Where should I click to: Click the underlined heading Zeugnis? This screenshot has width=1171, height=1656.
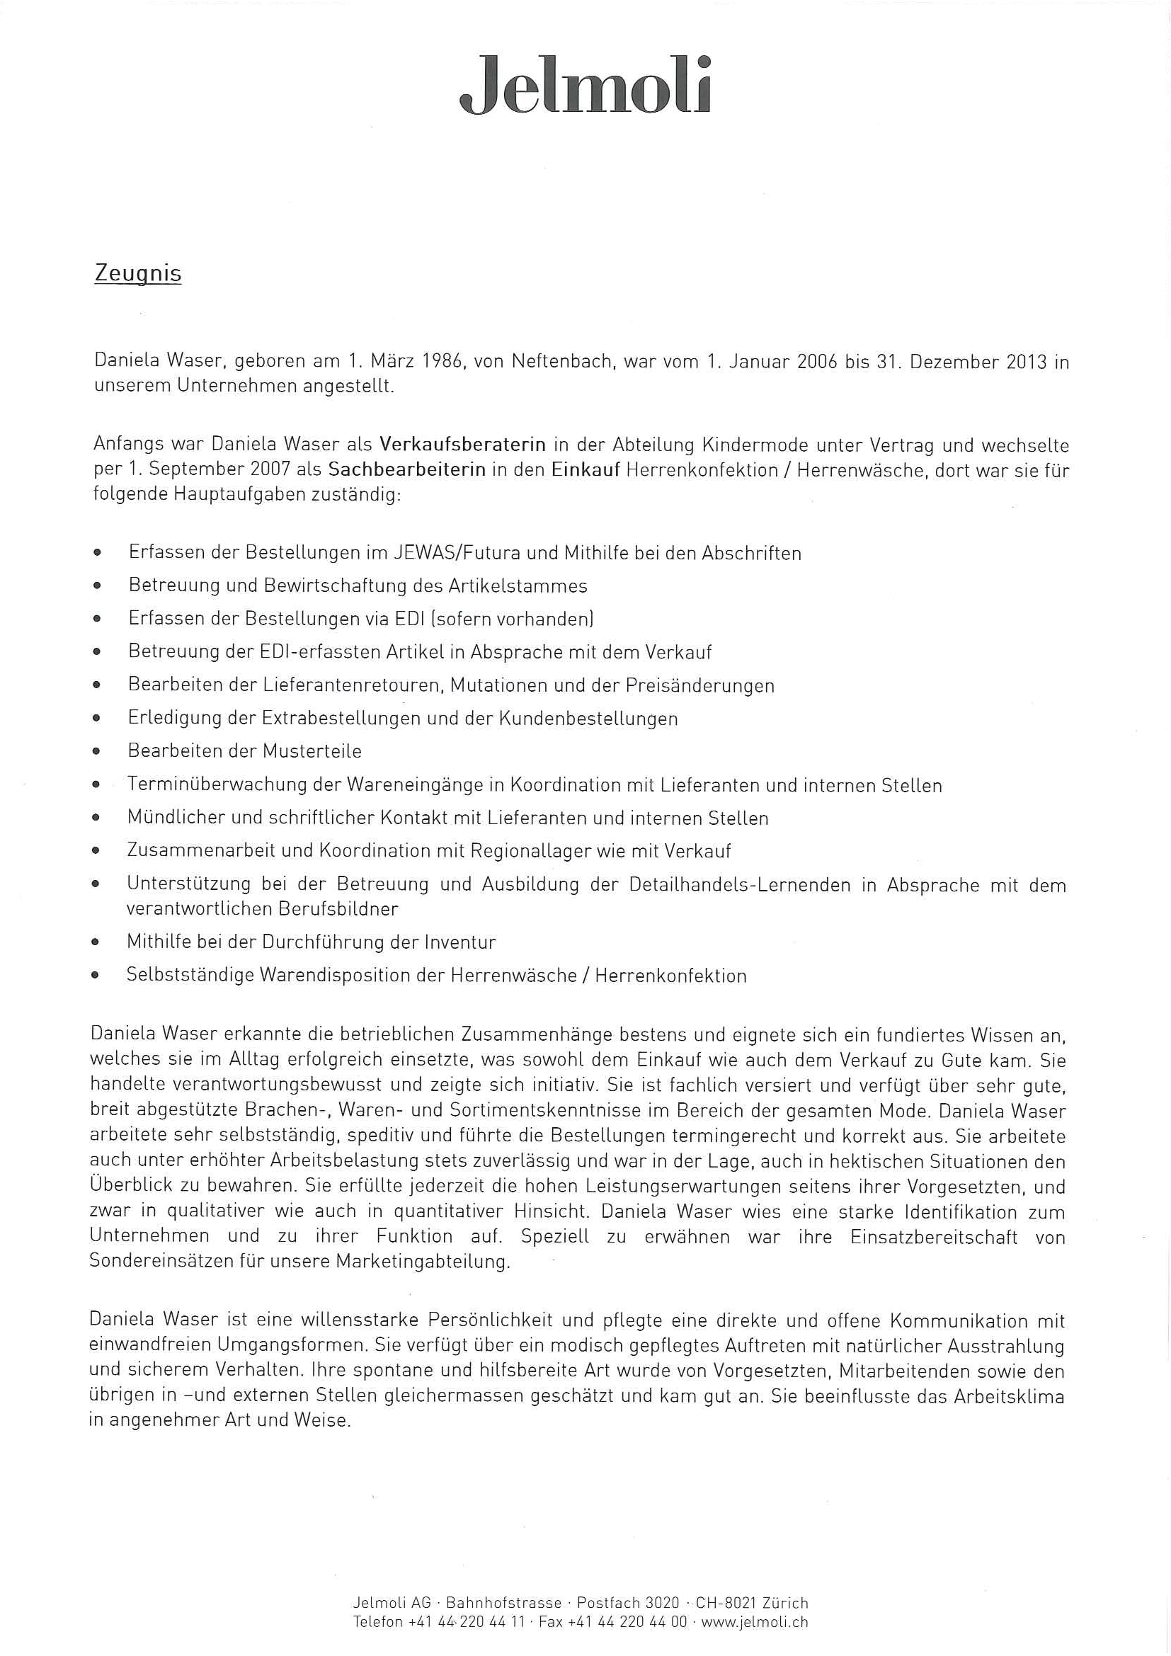[138, 275]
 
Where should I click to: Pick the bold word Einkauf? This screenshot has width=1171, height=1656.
[586, 470]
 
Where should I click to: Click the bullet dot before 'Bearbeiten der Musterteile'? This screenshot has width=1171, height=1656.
[96, 752]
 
